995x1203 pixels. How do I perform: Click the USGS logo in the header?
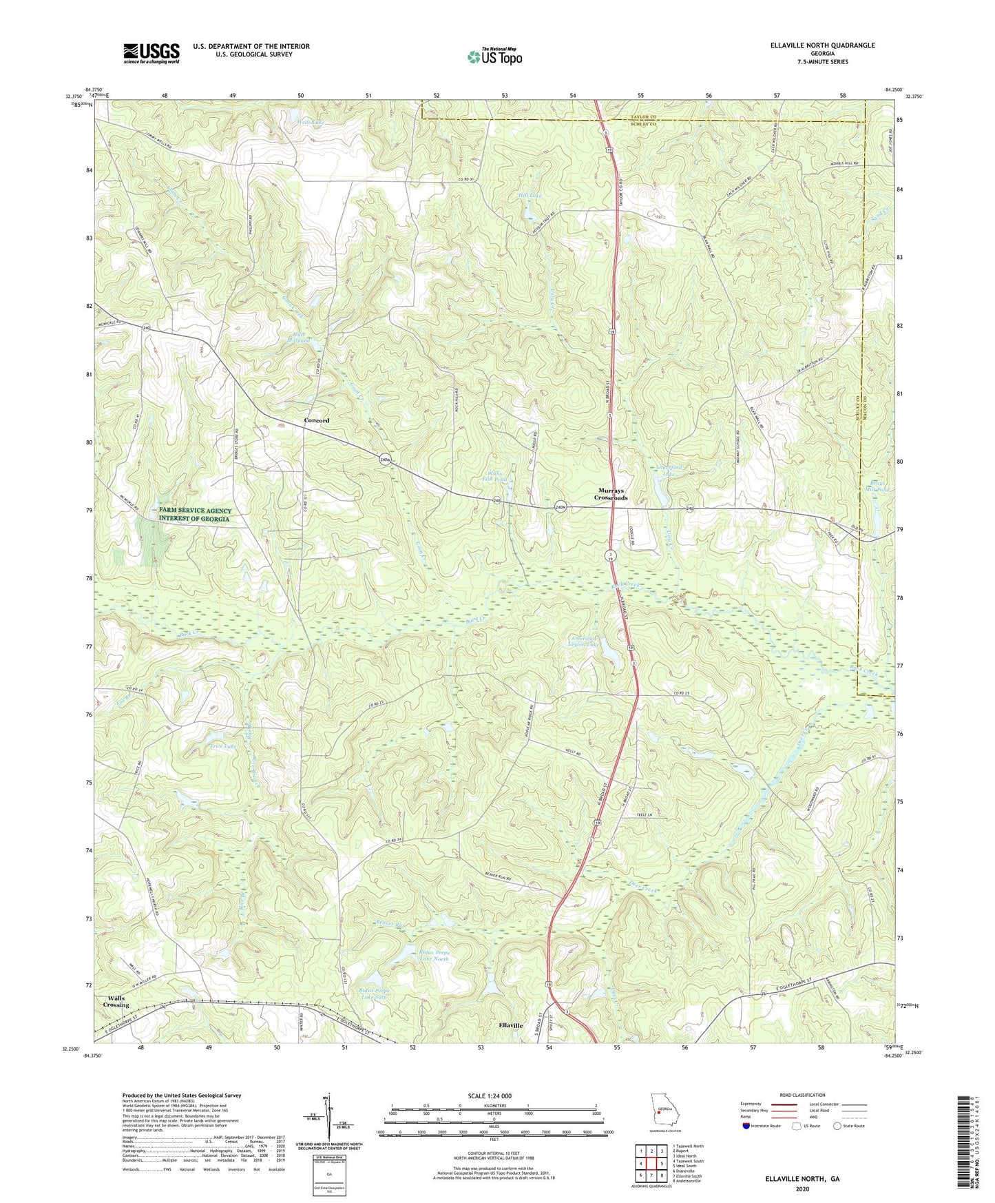click(x=151, y=53)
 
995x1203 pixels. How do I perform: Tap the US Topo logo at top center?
click(x=494, y=56)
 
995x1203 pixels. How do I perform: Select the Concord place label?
click(x=317, y=420)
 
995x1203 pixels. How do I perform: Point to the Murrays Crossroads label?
click(x=611, y=494)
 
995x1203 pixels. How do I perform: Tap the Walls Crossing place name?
click(x=116, y=1002)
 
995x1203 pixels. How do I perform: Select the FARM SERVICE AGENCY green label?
click(x=196, y=515)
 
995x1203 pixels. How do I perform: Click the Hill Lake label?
click(x=530, y=196)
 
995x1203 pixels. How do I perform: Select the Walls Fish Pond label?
click(x=494, y=475)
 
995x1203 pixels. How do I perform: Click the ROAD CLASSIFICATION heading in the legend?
click(x=802, y=1096)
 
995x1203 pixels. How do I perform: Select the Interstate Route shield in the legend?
click(x=746, y=1126)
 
